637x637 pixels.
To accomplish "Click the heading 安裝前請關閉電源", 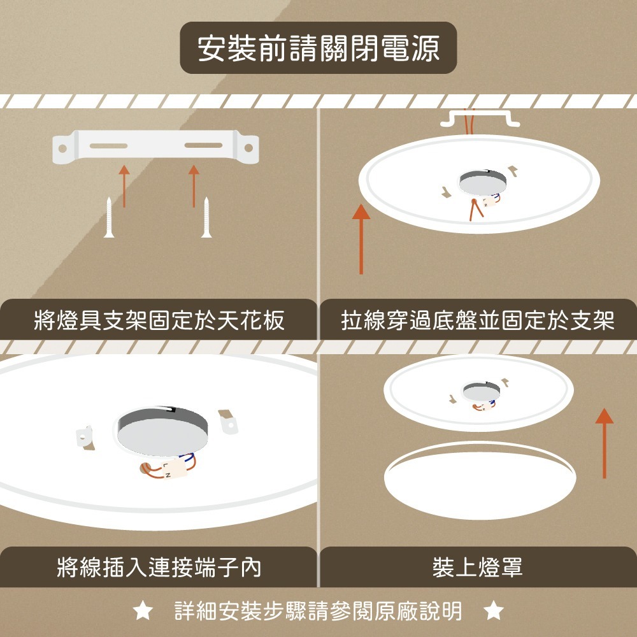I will pyautogui.click(x=318, y=48).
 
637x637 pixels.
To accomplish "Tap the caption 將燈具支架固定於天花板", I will pyautogui.click(x=159, y=320).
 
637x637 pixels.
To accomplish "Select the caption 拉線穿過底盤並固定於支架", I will pyautogui.click(x=478, y=320).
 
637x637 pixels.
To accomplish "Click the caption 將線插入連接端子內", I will pyautogui.click(x=159, y=566).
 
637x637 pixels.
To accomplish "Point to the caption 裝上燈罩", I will pyautogui.click(x=478, y=566).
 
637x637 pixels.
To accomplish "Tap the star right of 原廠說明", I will pyautogui.click(x=493, y=612).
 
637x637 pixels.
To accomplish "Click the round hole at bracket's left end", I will pyautogui.click(x=62, y=148).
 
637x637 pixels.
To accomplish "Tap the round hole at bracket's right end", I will pyautogui.click(x=248, y=148).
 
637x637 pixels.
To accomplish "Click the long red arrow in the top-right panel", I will pyautogui.click(x=361, y=239).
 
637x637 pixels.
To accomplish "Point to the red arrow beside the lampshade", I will pyautogui.click(x=605, y=443).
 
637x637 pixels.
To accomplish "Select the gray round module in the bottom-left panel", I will pyautogui.click(x=163, y=428).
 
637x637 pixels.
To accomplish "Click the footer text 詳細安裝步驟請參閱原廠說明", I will pyautogui.click(x=318, y=612).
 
